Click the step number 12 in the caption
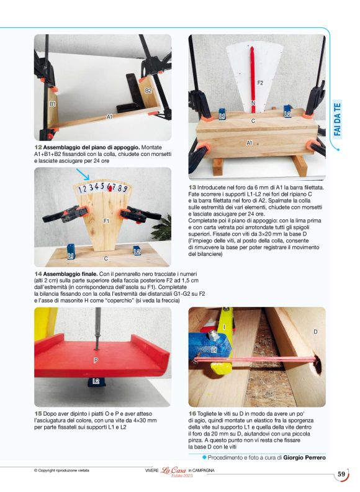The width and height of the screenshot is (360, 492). point(38,147)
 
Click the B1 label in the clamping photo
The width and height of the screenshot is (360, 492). point(53,104)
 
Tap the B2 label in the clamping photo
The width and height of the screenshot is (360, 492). point(148,91)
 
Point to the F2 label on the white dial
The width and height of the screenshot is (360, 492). point(260,82)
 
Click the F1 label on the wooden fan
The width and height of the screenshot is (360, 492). point(106,220)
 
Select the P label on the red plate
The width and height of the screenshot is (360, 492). point(96,360)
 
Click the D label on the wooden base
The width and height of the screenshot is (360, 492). point(315,332)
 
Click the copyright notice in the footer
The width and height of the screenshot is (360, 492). point(61,470)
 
